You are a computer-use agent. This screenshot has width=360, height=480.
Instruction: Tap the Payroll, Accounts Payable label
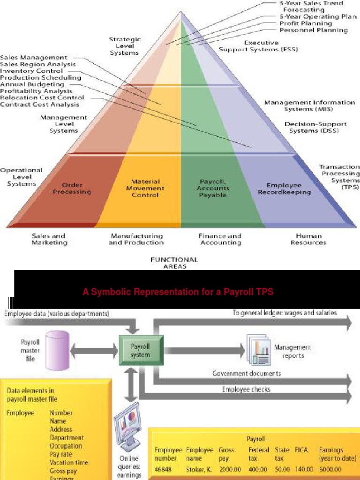point(213,188)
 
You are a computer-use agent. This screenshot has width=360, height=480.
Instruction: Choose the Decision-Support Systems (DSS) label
point(315,127)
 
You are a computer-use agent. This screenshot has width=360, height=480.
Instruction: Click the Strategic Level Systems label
point(124,46)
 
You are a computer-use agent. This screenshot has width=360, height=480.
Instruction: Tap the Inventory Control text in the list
point(31,71)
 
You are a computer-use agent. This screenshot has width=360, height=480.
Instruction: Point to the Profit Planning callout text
point(306,23)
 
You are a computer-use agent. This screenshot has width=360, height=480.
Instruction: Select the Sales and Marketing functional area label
point(49,239)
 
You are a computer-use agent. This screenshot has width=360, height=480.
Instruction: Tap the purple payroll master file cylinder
point(59,349)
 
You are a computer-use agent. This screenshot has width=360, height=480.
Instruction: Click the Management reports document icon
point(259,352)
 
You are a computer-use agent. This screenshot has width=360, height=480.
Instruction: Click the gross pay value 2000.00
point(230,469)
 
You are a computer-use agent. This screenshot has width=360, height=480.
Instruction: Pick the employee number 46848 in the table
point(165,469)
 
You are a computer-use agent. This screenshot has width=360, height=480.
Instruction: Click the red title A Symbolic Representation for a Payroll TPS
point(178,292)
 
